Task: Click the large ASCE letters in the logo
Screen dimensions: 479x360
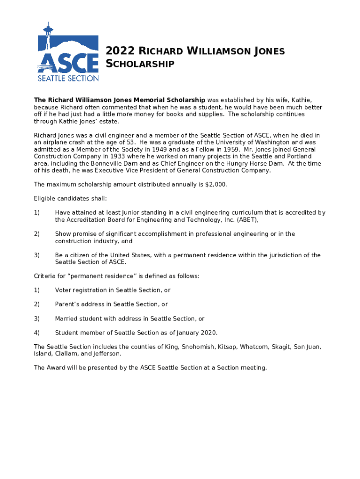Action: coord(68,62)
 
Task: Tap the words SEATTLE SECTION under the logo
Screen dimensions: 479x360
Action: coord(68,79)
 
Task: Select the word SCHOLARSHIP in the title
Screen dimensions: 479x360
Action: coord(140,64)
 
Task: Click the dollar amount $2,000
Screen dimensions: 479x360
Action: coord(216,184)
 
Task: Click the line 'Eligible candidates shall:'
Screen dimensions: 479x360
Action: coord(70,199)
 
